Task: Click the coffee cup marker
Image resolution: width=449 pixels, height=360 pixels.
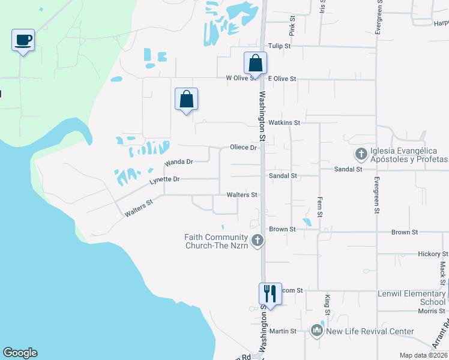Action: tap(23, 41)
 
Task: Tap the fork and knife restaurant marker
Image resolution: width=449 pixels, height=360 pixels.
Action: tap(270, 293)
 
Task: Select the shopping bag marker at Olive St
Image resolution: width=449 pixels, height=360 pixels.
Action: tap(255, 63)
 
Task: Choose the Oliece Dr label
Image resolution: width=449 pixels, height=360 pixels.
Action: tap(243, 148)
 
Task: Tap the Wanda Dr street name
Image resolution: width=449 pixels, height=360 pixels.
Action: tap(179, 162)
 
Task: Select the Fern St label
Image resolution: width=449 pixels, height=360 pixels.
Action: tap(320, 206)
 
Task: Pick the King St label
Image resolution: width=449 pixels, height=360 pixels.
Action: tap(328, 304)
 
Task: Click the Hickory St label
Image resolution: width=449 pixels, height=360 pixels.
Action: tap(429, 254)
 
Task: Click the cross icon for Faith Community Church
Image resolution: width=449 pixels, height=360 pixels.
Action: tap(258, 241)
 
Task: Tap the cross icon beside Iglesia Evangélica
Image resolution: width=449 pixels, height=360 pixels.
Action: tap(361, 154)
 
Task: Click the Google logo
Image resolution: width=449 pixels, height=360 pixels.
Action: tap(20, 353)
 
